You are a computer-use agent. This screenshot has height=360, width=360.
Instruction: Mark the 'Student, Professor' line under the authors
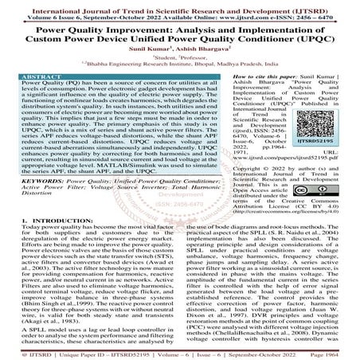pos(180,57)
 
